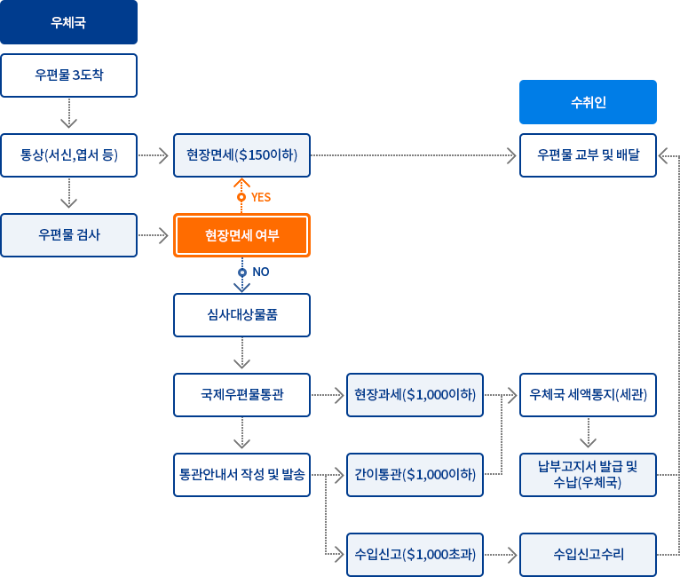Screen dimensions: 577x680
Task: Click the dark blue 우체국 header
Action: coord(69,23)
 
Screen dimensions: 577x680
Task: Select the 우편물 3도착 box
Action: coord(69,75)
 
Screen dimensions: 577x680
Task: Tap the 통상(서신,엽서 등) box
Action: coord(69,155)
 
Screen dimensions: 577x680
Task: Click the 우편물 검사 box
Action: coord(69,235)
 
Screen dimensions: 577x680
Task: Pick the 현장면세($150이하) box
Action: coord(241,155)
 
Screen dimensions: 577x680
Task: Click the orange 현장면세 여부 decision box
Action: coord(241,235)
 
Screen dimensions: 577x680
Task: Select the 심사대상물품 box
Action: coord(241,315)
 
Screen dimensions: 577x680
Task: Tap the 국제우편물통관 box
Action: coord(241,394)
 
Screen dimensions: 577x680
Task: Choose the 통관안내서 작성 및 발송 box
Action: coord(241,474)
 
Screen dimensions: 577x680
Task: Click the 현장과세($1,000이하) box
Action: coord(415,394)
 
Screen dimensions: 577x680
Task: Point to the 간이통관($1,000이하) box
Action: coord(415,475)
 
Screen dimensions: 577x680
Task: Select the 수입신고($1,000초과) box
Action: coord(415,555)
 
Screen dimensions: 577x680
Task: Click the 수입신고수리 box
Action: coord(588,555)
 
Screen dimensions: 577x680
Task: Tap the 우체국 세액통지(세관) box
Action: coord(588,394)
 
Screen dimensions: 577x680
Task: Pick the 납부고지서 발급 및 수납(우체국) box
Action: coord(588,475)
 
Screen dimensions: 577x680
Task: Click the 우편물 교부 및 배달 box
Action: coord(588,155)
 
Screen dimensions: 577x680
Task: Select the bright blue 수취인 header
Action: coord(588,102)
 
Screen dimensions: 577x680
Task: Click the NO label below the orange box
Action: coord(260,272)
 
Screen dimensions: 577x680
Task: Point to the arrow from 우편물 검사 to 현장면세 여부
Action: coord(154,235)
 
